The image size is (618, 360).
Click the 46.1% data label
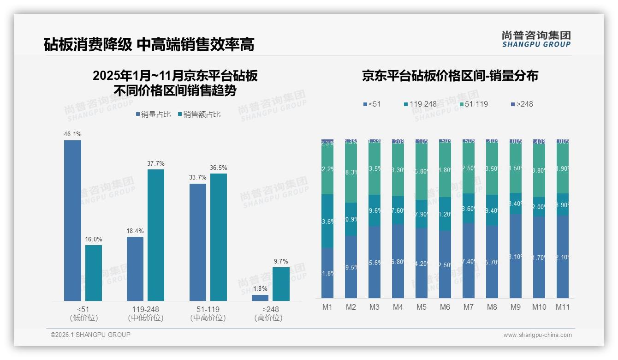click(x=72, y=134)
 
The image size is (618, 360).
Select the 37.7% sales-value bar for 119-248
click(x=156, y=235)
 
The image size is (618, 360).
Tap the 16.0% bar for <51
click(x=94, y=273)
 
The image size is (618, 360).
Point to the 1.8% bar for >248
click(x=260, y=298)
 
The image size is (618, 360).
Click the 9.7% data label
click(x=281, y=261)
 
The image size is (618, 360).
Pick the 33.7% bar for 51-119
click(x=198, y=242)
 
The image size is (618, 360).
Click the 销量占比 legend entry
click(x=154, y=114)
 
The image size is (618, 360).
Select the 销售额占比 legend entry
click(x=199, y=114)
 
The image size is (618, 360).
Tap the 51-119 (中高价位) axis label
click(x=208, y=313)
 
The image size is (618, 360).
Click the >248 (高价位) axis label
click(x=268, y=313)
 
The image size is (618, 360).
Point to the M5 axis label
click(x=421, y=307)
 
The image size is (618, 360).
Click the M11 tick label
click(x=562, y=307)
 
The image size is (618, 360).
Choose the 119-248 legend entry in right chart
click(x=420, y=104)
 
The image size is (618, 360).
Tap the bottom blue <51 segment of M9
click(x=515, y=256)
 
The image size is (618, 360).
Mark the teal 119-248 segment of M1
click(x=327, y=221)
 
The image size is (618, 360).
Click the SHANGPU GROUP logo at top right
click(x=536, y=39)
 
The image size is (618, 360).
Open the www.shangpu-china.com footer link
click(x=537, y=335)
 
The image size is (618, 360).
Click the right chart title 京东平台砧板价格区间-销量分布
click(x=450, y=76)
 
